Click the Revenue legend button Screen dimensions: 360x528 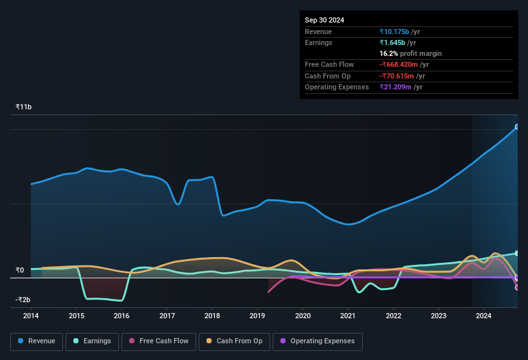click(x=37, y=341)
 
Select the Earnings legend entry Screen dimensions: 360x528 click(x=92, y=341)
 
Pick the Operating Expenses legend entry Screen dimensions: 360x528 click(x=318, y=341)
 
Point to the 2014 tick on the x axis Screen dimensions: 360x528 click(x=31, y=316)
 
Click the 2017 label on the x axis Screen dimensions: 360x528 click(x=167, y=316)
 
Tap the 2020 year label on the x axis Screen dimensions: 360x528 click(x=303, y=316)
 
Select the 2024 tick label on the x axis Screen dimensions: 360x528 click(x=484, y=316)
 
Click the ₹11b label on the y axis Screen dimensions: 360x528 click(x=24, y=107)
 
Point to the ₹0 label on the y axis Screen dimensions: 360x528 click(x=20, y=270)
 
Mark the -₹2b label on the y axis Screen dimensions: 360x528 click(x=23, y=300)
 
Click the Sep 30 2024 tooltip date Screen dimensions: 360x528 click(x=324, y=20)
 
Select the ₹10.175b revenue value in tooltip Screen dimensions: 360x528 click(x=399, y=32)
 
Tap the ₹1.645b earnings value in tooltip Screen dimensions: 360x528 click(x=398, y=42)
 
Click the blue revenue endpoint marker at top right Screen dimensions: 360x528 click(x=517, y=127)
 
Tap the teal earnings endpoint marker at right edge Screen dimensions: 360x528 click(x=517, y=253)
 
